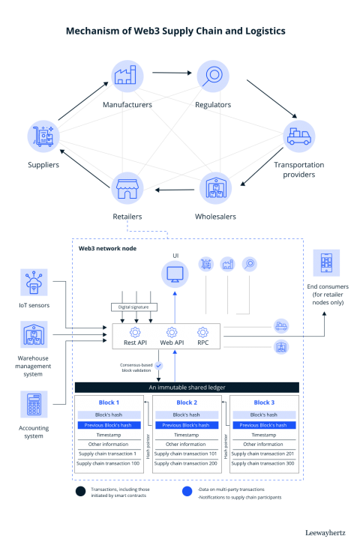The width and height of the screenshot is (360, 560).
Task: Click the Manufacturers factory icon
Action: [x=127, y=76]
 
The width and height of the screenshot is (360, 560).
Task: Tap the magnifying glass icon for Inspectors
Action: [x=214, y=76]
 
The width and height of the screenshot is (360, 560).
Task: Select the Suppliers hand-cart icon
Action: [x=43, y=137]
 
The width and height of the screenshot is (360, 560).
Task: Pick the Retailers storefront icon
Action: [x=127, y=187]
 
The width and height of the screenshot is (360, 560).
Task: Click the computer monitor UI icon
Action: [x=174, y=274]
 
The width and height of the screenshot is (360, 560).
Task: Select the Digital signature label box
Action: [x=135, y=307]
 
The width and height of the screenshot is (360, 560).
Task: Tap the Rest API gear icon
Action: [x=135, y=331]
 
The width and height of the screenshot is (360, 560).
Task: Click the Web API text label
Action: [x=172, y=343]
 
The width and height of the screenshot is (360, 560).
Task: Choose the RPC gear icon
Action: [x=202, y=331]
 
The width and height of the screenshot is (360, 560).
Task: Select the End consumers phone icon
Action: [x=326, y=264]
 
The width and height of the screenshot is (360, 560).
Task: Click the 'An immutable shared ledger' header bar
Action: [x=186, y=387]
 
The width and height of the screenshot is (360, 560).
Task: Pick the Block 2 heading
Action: [x=186, y=403]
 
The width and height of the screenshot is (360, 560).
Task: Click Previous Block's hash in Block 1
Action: [x=109, y=424]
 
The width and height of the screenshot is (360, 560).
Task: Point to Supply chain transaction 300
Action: [x=263, y=463]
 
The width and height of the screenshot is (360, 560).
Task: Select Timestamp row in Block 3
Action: [x=263, y=435]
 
